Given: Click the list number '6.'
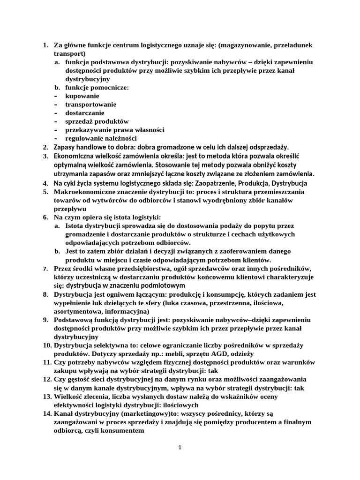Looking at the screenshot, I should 46,217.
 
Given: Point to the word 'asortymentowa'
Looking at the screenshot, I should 77,311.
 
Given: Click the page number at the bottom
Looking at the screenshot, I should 180,448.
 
